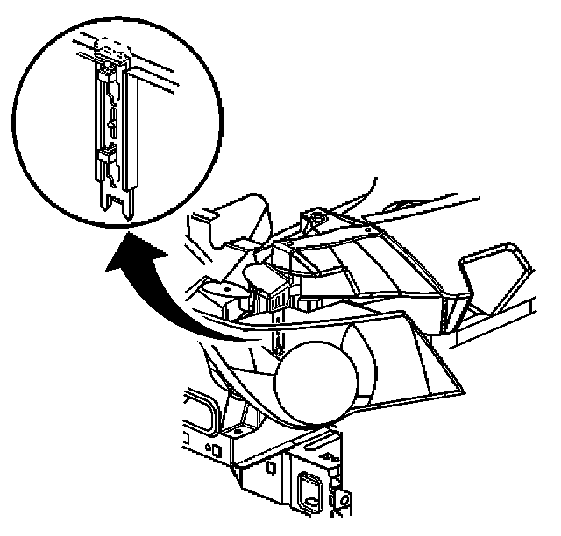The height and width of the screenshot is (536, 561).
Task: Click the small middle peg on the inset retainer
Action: pos(110,127)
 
